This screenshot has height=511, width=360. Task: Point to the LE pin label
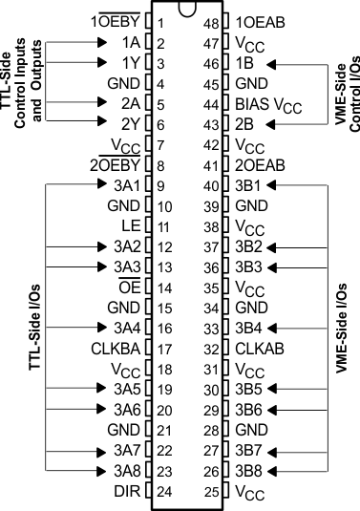pyautogui.click(x=133, y=226)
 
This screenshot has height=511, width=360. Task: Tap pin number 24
pyautogui.click(x=164, y=493)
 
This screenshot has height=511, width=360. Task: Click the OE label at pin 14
pyautogui.click(x=130, y=287)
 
